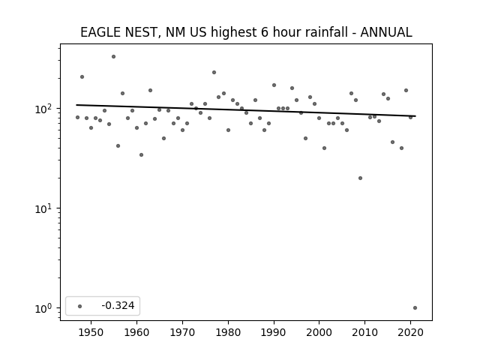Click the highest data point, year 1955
click(113, 57)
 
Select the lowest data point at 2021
click(415, 308)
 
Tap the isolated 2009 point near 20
click(360, 178)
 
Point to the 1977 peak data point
click(214, 73)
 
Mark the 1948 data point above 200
click(82, 76)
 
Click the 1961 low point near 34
click(141, 155)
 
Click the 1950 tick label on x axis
click(91, 333)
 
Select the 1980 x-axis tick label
click(228, 333)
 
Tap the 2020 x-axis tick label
click(410, 333)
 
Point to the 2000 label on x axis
click(319, 333)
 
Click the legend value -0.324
click(118, 305)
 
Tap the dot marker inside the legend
click(80, 306)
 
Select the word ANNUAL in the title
click(386, 32)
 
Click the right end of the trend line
click(415, 116)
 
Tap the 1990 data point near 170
click(274, 85)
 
